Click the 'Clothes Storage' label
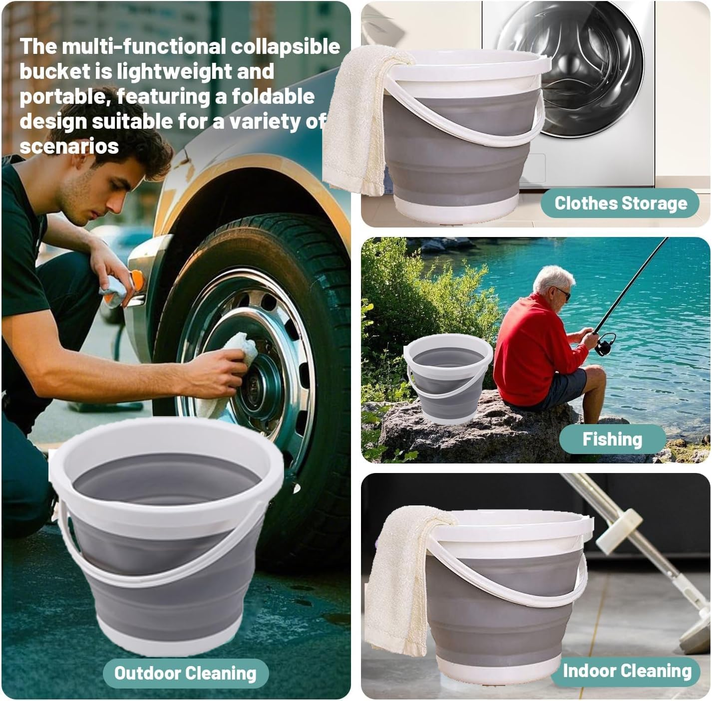pos(620,203)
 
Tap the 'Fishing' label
pos(612,439)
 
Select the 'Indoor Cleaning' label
pos(627,671)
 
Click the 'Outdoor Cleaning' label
pos(185,673)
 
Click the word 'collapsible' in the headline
pos(285,46)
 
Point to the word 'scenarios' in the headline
pos(69,146)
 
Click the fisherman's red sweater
pos(529,344)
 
